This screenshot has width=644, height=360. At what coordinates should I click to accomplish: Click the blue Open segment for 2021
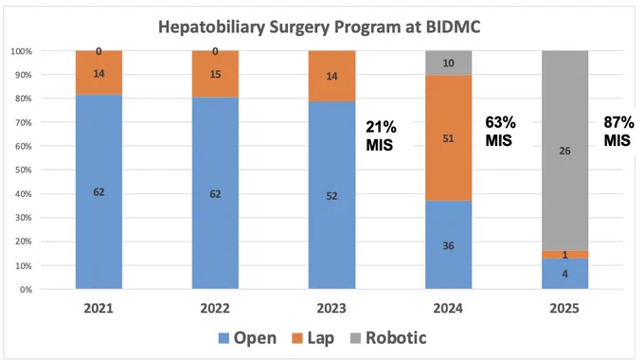(99, 191)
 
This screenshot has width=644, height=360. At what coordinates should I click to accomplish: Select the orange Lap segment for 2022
(215, 74)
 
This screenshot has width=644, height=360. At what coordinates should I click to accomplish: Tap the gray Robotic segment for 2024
(449, 63)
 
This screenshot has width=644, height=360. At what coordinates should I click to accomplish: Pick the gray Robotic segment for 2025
(564, 151)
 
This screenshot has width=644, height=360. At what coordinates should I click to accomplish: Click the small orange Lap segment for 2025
(564, 255)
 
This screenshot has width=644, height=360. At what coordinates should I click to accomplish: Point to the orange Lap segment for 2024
(449, 138)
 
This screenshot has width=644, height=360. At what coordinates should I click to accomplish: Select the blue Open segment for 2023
(331, 195)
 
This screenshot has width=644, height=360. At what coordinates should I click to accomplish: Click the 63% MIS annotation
(500, 131)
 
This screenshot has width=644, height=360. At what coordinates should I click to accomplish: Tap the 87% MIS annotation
(618, 131)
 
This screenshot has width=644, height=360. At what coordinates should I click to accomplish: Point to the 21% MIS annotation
(381, 136)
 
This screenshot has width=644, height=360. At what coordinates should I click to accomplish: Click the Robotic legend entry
(388, 338)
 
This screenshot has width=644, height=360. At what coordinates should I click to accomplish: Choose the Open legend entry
(247, 338)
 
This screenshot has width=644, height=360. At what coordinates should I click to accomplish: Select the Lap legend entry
(313, 338)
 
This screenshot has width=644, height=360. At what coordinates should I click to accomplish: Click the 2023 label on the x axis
(331, 308)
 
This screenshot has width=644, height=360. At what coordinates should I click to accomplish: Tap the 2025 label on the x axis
(564, 308)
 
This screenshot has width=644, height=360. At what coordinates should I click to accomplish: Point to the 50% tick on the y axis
(24, 170)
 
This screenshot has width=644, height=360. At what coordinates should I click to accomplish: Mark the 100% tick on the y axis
(22, 51)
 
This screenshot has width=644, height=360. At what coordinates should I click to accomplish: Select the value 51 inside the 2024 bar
(449, 138)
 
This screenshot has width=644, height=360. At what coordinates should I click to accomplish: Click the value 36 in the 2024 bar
(449, 245)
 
